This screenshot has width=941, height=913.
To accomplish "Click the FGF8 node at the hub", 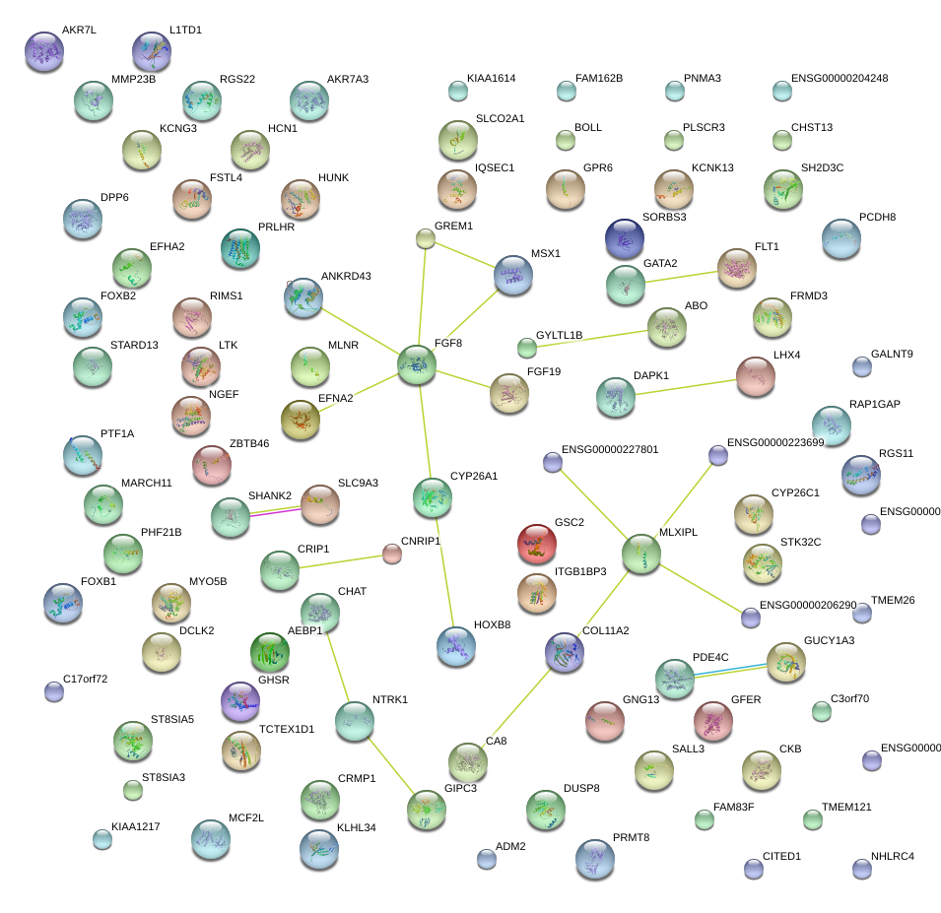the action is coord(417,365).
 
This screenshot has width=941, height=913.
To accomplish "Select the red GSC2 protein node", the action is coord(537,545).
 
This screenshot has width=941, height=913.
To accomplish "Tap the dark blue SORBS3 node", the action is coord(625,239).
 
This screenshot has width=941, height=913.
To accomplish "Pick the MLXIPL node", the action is coord(641,554).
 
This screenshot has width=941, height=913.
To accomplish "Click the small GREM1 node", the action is coord(425,238).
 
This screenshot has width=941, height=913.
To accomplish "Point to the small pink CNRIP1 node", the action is coord(392,554).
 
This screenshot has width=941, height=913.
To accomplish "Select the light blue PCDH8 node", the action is coord(840,239).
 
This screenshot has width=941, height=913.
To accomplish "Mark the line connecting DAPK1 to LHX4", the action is coord(686,385).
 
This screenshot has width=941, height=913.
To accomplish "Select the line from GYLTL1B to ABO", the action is coord(588,337).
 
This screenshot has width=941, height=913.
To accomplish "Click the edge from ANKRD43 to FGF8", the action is coord(360,331).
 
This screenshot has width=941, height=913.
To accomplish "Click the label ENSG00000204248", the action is coord(840,79).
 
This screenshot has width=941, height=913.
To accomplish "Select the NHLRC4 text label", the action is coord(893,856).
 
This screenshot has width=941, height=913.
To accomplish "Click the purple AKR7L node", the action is coord(43,52).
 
